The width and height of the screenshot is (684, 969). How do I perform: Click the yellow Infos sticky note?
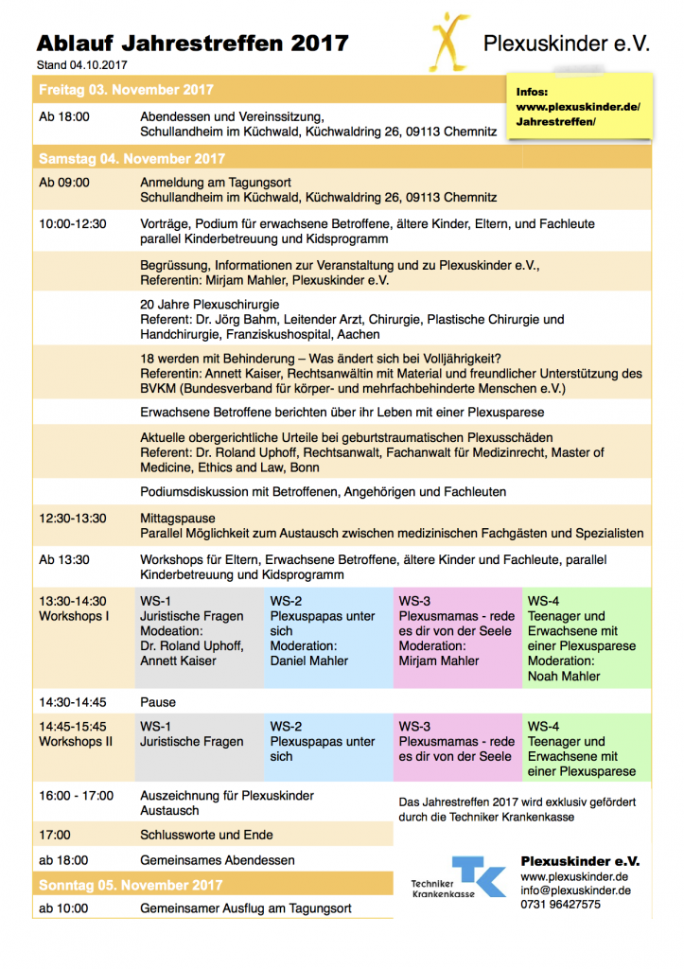[578, 108]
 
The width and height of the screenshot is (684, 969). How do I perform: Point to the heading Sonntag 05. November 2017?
[131, 885]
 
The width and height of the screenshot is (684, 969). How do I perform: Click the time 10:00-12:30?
[73, 224]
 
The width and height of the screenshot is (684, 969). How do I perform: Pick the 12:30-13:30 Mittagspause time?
[73, 519]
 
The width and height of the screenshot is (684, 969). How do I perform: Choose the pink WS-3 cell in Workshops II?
[458, 742]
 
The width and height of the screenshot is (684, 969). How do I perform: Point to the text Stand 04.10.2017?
[82, 64]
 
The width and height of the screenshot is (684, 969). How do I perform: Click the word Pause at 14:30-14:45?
[158, 702]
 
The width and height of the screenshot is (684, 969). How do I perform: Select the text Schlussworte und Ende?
[206, 835]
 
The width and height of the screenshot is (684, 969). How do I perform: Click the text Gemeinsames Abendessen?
[217, 860]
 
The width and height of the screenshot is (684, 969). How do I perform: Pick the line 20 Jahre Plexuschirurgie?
[209, 306]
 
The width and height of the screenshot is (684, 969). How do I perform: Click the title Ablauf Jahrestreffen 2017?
[193, 43]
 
